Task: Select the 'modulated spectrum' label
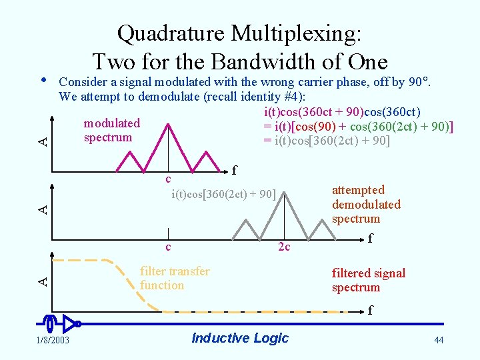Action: click(x=111, y=130)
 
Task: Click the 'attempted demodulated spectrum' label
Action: click(x=366, y=204)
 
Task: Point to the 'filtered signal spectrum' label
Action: click(x=368, y=280)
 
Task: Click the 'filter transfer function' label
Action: click(x=174, y=278)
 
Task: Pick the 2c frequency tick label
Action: click(x=284, y=247)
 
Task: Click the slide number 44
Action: click(x=438, y=340)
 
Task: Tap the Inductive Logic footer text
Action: click(x=240, y=338)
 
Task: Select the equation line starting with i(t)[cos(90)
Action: click(x=357, y=126)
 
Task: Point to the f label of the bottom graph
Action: click(x=371, y=310)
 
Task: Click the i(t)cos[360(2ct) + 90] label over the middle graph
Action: click(x=223, y=195)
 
